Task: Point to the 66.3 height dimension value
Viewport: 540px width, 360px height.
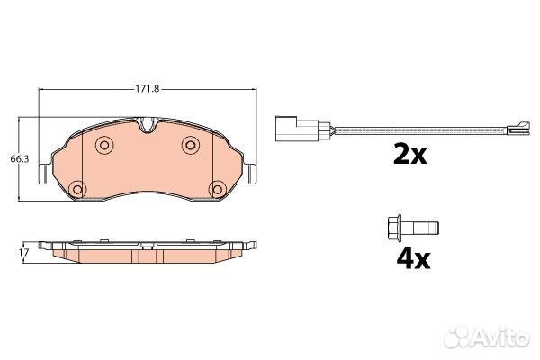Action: [19, 159]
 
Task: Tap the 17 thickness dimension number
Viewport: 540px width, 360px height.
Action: [24, 253]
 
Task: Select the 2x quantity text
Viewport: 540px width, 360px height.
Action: [409, 155]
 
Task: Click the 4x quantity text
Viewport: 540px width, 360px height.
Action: [413, 260]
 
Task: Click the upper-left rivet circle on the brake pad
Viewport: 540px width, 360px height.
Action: [103, 145]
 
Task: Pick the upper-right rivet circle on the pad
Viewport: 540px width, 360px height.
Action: [191, 145]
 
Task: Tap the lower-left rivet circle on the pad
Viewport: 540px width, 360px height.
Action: [77, 189]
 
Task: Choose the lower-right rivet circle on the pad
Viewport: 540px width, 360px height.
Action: [218, 189]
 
